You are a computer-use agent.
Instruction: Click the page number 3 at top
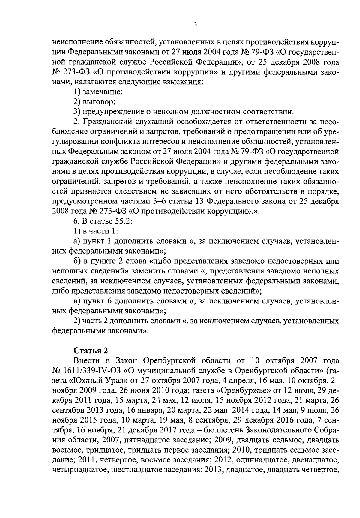point(195,25)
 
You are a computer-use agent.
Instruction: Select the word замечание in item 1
point(103,92)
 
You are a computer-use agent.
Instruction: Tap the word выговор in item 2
point(99,102)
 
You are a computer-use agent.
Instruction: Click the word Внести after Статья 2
point(86,360)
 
